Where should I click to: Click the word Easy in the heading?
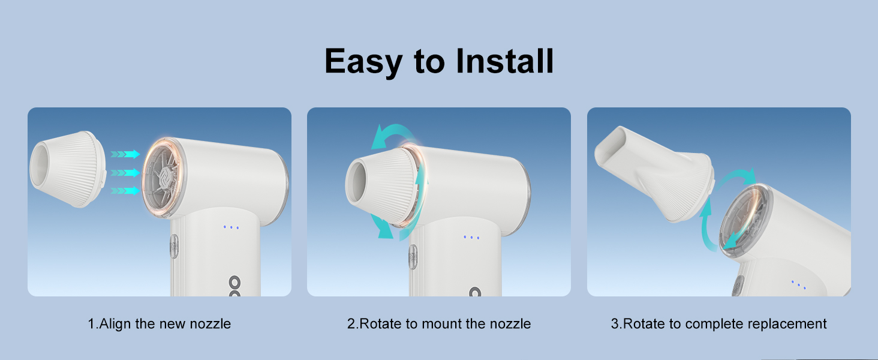click(363, 61)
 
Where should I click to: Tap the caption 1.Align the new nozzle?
click(159, 324)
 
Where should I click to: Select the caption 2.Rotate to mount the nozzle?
click(439, 324)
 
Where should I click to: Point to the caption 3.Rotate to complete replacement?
click(718, 324)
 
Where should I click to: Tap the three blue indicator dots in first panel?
click(231, 227)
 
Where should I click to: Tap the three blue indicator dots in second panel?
click(471, 237)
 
